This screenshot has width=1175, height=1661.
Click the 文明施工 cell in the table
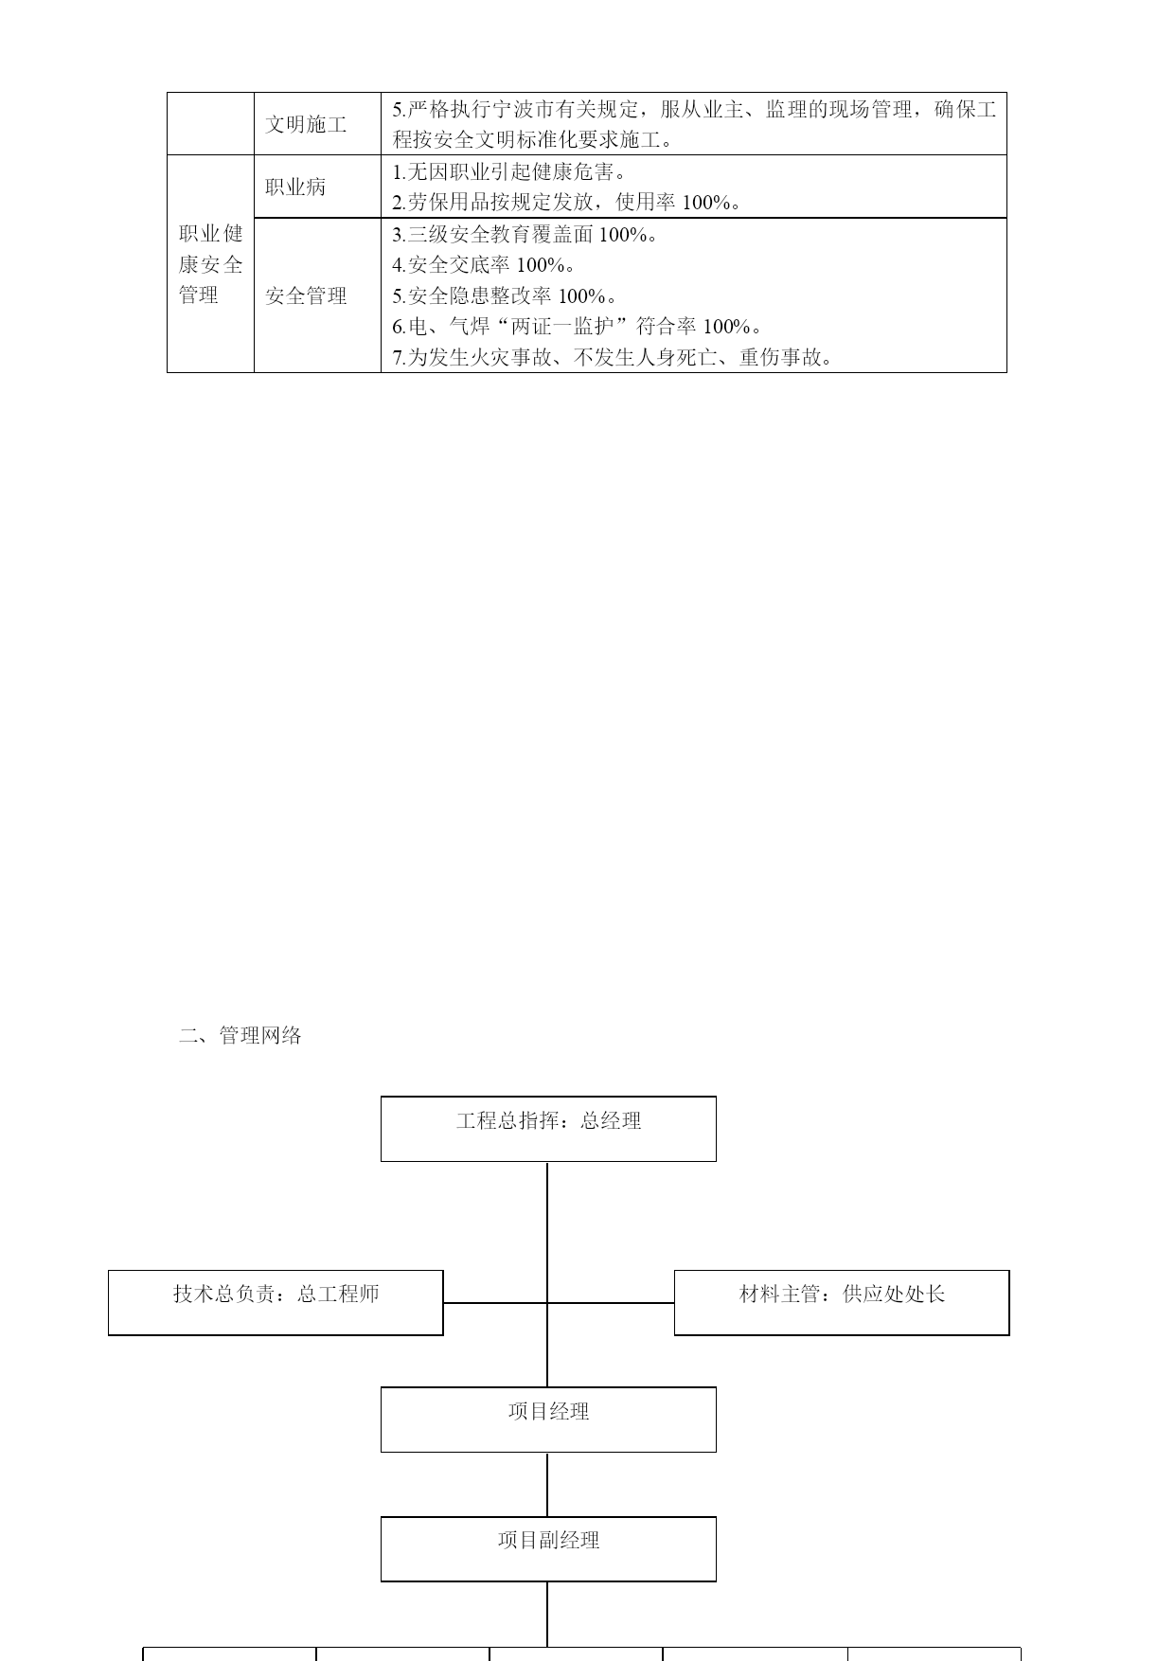(x=306, y=124)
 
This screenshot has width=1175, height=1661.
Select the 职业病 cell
(x=295, y=187)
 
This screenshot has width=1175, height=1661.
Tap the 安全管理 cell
(x=306, y=295)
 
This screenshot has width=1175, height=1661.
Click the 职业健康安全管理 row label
(x=210, y=264)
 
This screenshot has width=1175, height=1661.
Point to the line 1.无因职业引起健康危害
(x=508, y=171)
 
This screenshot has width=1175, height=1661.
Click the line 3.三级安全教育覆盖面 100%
(x=525, y=234)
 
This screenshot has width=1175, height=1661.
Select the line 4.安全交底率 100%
(x=484, y=265)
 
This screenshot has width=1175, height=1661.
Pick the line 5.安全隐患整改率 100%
(x=505, y=296)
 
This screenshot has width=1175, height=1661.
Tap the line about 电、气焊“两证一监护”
(x=578, y=327)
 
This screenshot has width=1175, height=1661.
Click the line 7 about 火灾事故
(x=613, y=358)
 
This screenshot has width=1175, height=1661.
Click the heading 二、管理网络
(x=240, y=1035)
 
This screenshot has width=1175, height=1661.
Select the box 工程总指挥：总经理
(x=548, y=1129)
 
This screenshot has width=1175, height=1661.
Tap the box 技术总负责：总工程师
(x=276, y=1303)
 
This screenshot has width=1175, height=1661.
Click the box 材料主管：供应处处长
(x=842, y=1303)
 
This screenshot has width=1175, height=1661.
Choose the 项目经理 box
(x=548, y=1420)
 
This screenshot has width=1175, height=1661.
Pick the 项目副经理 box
(x=548, y=1549)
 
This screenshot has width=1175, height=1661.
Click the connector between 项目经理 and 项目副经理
(x=547, y=1485)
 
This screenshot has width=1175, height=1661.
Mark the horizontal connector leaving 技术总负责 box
(x=495, y=1303)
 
